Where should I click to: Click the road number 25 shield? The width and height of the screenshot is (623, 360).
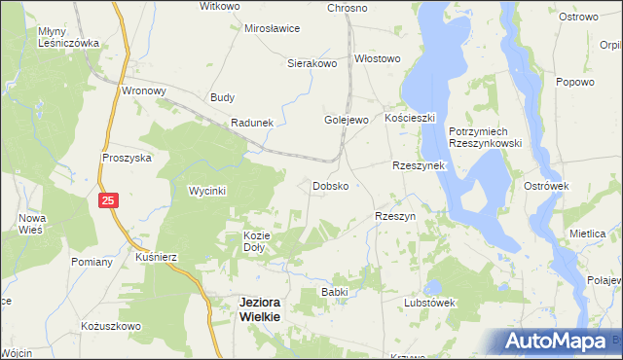[108, 200]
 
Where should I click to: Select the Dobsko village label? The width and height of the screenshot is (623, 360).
[331, 185]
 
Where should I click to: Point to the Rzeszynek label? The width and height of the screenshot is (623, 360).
[418, 165]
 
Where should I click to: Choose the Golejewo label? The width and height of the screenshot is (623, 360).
[346, 120]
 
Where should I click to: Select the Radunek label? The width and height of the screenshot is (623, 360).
[252, 123]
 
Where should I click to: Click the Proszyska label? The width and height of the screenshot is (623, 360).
[127, 157]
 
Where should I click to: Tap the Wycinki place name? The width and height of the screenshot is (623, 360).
[206, 191]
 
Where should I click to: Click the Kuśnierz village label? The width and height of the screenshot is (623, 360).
[156, 256]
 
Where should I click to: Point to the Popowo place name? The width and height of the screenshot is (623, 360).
[574, 82]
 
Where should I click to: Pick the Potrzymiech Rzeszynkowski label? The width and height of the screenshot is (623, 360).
[486, 137]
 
